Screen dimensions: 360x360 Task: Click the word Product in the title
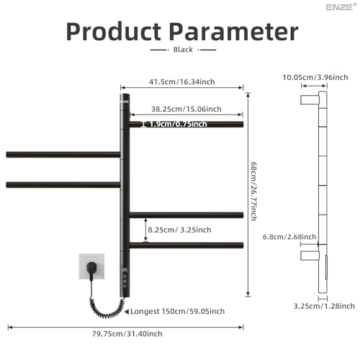114,32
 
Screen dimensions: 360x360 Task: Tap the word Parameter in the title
234,32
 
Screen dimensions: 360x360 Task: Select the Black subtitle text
183,50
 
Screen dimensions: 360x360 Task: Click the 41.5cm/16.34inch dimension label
182,82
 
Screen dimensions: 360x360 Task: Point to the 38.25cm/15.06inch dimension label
186,109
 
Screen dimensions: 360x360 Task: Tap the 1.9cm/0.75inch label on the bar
178,124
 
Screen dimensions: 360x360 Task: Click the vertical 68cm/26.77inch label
253,191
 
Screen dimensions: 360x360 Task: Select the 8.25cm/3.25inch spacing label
179,230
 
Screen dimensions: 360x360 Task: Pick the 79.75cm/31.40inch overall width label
127,334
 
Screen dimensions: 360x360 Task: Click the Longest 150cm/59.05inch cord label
178,311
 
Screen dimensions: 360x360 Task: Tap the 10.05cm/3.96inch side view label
315,78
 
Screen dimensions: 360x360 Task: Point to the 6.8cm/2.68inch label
289,237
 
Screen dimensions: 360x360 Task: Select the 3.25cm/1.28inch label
324,306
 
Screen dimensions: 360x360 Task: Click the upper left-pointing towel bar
63,155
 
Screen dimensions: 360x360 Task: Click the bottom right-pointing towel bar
186,246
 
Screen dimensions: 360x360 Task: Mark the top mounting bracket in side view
310,99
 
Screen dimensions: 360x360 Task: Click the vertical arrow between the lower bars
145,230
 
